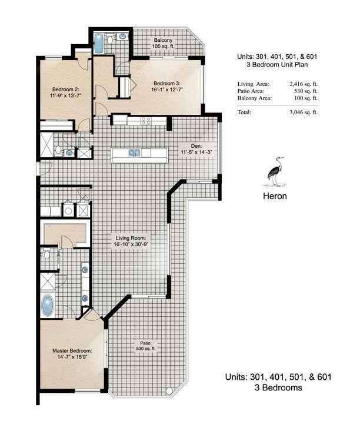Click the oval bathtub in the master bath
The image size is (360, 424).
pos(47,304)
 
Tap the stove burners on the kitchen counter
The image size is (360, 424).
pos(145,120)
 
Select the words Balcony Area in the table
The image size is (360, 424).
pos(255,99)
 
